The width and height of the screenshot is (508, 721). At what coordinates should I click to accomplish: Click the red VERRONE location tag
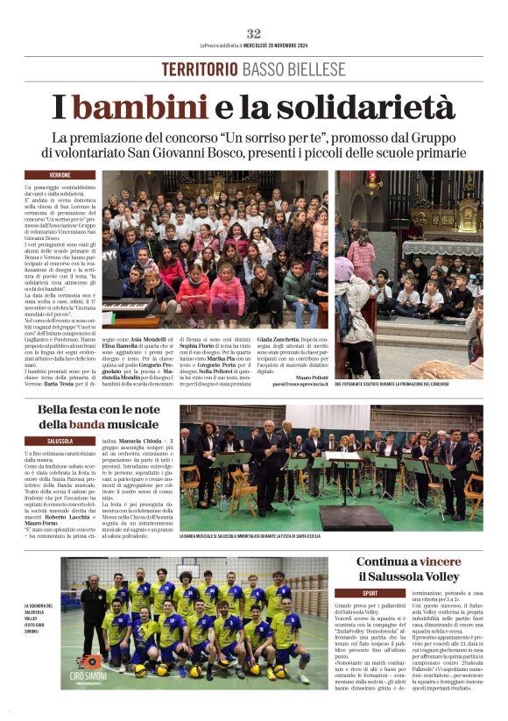(x=60, y=175)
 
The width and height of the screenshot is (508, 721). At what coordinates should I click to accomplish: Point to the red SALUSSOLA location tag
(x=61, y=441)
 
